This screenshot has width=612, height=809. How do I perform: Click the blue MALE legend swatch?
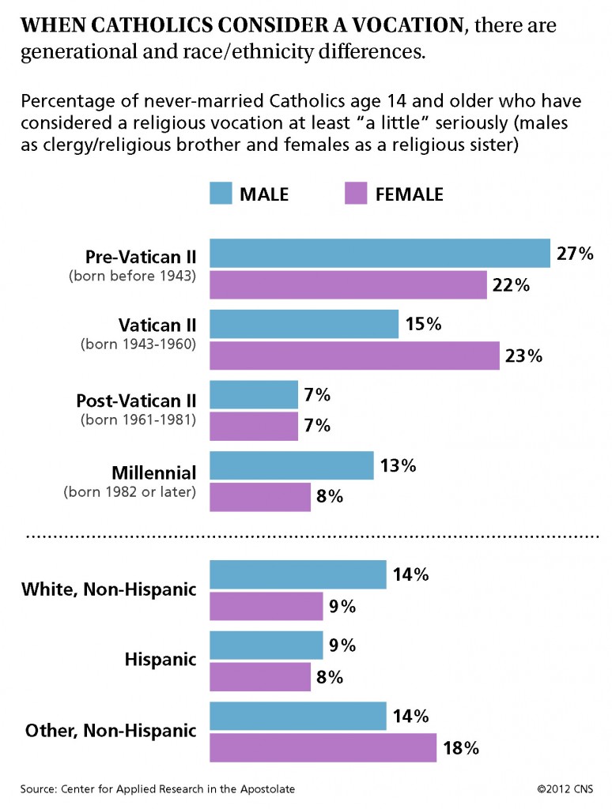click(x=221, y=193)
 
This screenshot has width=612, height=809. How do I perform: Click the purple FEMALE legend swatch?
click(x=356, y=193)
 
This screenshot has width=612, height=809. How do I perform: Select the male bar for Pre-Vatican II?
click(x=380, y=254)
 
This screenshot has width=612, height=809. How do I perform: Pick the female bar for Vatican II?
click(x=354, y=356)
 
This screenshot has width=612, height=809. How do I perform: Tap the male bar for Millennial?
click(x=291, y=465)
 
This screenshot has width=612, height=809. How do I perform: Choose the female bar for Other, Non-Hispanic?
click(x=323, y=747)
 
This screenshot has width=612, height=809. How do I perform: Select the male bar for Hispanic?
click(x=266, y=645)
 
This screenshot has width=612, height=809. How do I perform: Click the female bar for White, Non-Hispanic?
click(x=266, y=606)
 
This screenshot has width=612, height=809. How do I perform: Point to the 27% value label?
click(x=575, y=254)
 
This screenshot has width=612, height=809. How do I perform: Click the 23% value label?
click(x=523, y=356)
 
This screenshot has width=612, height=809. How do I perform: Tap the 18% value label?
click(x=461, y=747)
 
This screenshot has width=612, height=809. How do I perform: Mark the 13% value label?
click(x=399, y=465)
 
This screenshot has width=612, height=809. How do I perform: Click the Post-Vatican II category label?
click(x=136, y=401)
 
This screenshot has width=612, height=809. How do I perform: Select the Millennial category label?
click(x=154, y=472)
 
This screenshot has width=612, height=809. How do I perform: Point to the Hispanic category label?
click(x=161, y=660)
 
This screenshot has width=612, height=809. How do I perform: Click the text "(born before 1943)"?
click(x=132, y=276)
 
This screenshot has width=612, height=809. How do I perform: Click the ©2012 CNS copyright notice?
click(x=565, y=789)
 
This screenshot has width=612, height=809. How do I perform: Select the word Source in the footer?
click(x=38, y=789)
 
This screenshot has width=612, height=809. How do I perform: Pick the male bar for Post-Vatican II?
click(x=254, y=395)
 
